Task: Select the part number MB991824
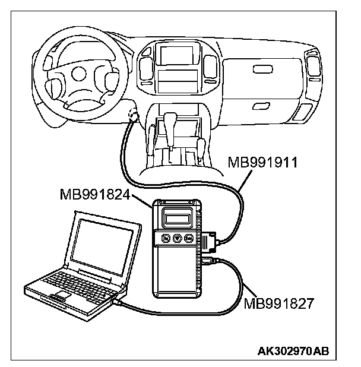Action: tap(95, 194)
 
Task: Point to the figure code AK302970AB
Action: tap(295, 351)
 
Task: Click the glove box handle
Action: tap(261, 70)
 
